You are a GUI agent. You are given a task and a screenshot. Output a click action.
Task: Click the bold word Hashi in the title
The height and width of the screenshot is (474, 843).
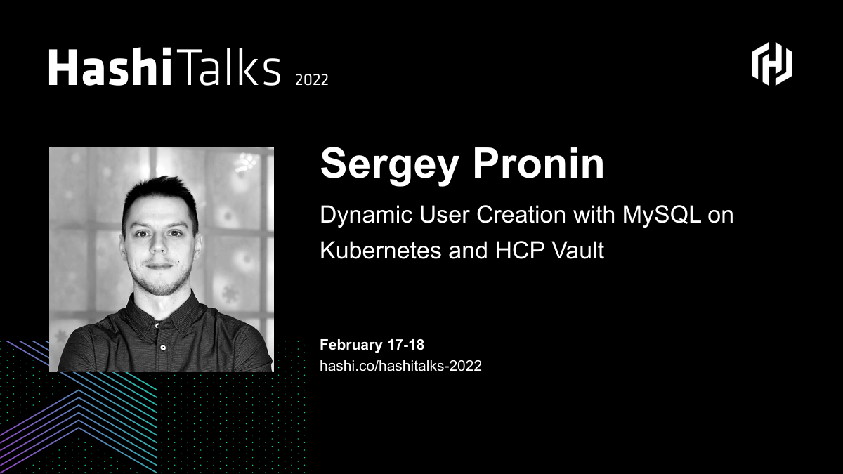click(x=110, y=67)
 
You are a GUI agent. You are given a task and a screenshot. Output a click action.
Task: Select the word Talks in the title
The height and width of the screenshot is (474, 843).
click(x=228, y=67)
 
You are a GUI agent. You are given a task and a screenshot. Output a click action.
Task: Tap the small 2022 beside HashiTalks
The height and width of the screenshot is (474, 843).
click(x=312, y=80)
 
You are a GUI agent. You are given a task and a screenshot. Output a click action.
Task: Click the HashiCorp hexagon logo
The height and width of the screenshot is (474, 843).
click(x=772, y=64)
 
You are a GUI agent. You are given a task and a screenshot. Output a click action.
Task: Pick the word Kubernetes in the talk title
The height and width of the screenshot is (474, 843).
click(x=381, y=251)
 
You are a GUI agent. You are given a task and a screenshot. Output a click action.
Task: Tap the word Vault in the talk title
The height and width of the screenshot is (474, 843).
click(x=578, y=251)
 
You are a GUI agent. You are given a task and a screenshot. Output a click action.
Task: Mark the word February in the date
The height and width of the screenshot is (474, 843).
click(x=351, y=345)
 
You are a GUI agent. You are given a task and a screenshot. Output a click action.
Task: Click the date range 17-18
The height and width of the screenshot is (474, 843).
click(x=406, y=345)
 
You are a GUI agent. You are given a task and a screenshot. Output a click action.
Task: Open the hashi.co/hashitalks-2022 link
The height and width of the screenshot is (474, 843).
click(x=401, y=366)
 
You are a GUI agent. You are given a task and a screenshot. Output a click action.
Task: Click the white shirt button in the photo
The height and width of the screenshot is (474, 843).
click(x=163, y=347)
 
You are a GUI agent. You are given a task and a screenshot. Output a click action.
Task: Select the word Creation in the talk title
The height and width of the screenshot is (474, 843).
click(x=521, y=215)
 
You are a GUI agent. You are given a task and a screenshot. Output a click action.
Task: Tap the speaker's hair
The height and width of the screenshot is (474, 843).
click(x=160, y=197)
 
